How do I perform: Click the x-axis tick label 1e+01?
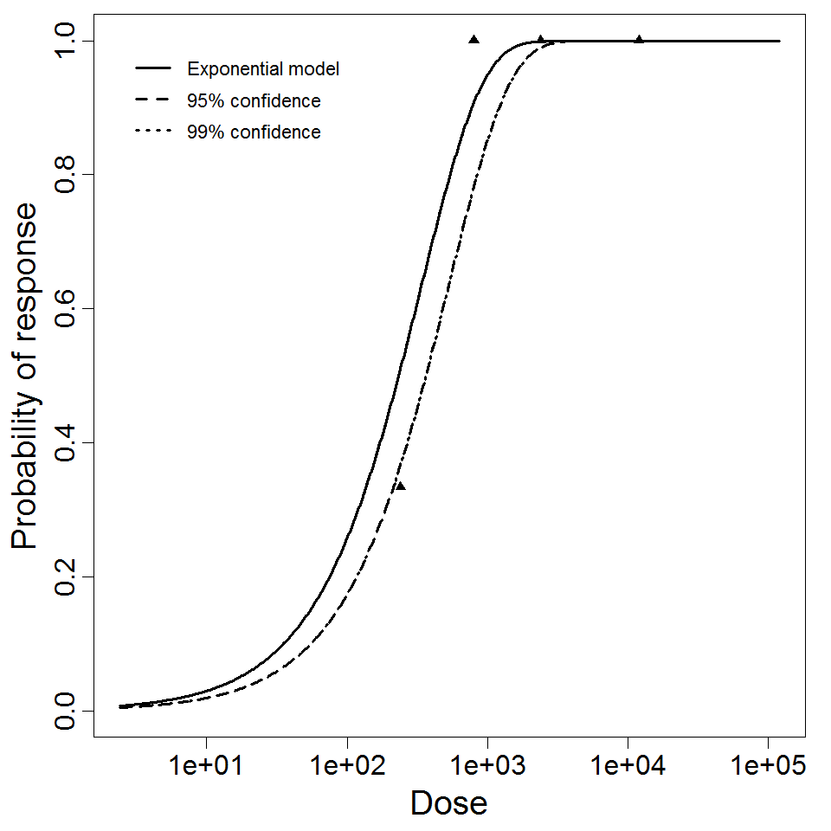point(206,766)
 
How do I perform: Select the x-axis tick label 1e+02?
point(347,766)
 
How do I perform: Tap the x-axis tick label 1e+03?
point(487,766)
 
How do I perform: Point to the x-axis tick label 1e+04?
point(628,766)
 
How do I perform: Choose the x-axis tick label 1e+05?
point(768,766)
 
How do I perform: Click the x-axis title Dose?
point(449,804)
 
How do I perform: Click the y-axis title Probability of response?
point(25,376)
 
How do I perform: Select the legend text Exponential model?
point(263,69)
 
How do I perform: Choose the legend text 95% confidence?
point(254,101)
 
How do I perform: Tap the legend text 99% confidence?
point(254,132)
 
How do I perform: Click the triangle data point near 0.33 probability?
point(400,486)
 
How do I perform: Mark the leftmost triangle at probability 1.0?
point(474,40)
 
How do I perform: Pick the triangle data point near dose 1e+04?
point(639,40)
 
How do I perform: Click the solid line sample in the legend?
point(153,69)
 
